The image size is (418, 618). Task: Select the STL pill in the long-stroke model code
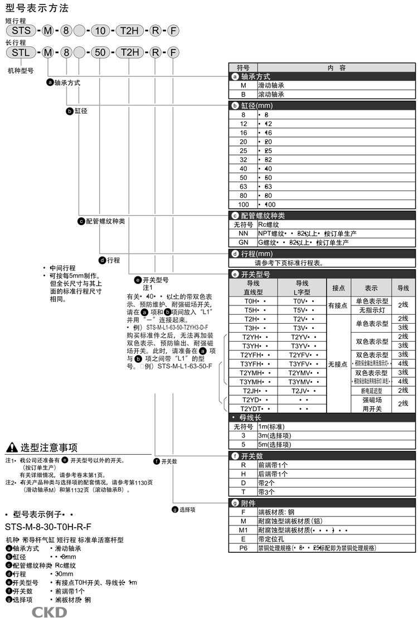click(x=21, y=52)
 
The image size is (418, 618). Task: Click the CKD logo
click(x=49, y=612)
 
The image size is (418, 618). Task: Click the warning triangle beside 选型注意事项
click(x=11, y=447)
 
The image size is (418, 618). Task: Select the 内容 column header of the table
click(x=336, y=68)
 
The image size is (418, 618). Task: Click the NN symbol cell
click(x=243, y=234)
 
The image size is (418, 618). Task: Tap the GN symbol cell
click(x=243, y=243)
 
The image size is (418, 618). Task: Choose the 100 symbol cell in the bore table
click(x=243, y=205)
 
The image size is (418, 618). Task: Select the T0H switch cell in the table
click(x=252, y=301)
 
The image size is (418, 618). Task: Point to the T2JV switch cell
click(x=302, y=391)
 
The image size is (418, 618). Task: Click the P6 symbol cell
click(x=243, y=548)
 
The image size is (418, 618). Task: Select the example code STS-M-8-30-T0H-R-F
click(x=48, y=527)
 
